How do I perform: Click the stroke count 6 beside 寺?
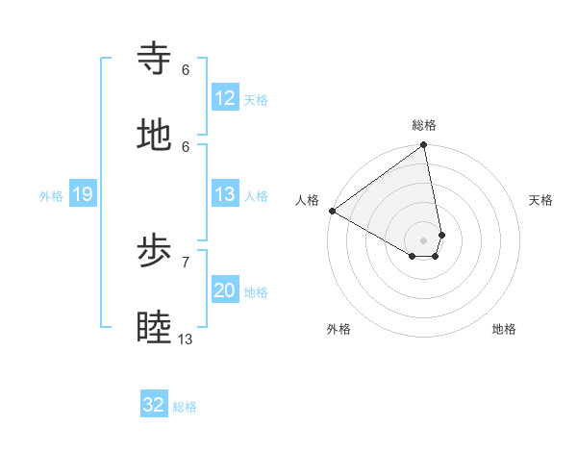(186, 69)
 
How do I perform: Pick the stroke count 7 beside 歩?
(186, 262)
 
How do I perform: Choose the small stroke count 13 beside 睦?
(186, 339)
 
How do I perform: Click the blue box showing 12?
(225, 98)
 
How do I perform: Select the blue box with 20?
(225, 290)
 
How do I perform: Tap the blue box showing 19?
(82, 195)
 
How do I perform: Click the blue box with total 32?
(154, 405)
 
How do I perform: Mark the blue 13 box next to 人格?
(225, 194)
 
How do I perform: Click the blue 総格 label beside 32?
(185, 407)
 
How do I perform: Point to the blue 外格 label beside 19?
(51, 196)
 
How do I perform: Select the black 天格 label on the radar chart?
(540, 200)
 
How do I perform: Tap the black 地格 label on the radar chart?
(504, 329)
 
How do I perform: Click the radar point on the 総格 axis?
(423, 146)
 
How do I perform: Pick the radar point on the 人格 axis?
(332, 211)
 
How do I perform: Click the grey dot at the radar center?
(423, 239)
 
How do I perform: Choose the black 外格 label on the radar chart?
(339, 329)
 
